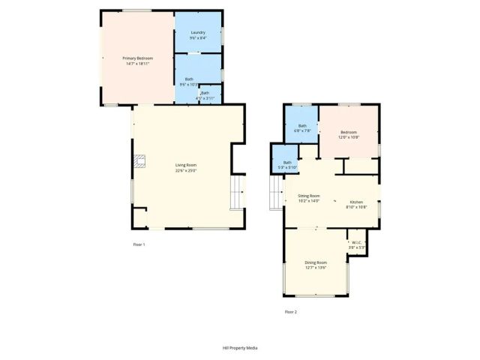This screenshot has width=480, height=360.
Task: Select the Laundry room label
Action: (x=198, y=32)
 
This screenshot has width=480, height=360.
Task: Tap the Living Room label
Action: (x=186, y=165)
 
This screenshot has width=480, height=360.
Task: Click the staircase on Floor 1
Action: (x=238, y=192)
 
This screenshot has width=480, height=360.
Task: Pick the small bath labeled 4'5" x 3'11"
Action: (x=205, y=95)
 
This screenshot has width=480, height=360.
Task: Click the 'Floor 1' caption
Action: (x=139, y=244)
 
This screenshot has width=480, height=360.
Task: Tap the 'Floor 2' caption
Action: (x=290, y=311)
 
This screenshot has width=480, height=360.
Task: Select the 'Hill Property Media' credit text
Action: (x=240, y=348)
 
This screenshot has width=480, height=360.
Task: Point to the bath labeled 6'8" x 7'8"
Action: (x=302, y=128)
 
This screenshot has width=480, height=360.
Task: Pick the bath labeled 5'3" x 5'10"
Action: (x=286, y=164)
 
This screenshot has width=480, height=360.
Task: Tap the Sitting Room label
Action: (x=308, y=196)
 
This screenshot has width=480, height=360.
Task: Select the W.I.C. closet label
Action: (x=357, y=242)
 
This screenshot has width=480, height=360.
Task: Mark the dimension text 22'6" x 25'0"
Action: (x=186, y=170)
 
